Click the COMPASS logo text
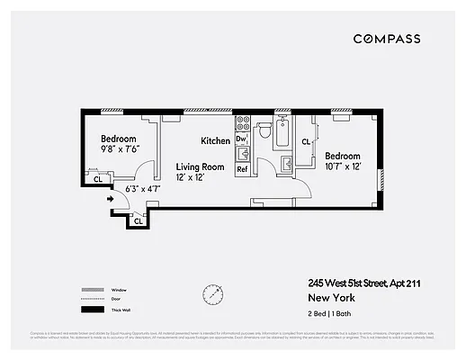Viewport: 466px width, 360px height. [386, 39]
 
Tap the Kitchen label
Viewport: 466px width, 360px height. [216, 141]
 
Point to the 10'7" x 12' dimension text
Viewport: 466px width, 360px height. [343, 166]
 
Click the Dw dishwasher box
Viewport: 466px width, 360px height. [241, 139]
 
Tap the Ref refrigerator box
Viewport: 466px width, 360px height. [241, 168]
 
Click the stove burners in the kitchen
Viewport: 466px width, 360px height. [241, 122]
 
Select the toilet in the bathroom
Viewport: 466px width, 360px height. [264, 131]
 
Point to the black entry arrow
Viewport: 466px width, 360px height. [111, 199]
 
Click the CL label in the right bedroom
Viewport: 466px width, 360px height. [307, 141]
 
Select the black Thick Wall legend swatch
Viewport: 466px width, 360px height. [91, 310]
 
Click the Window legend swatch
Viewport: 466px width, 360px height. [91, 289]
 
